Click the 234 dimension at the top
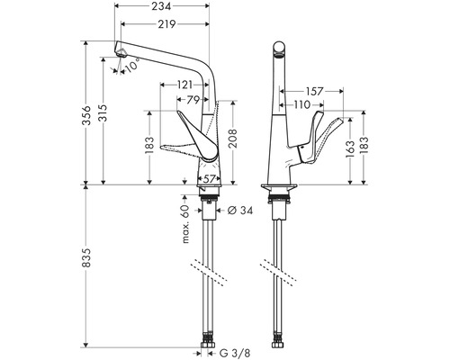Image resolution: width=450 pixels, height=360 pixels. coord(163,8)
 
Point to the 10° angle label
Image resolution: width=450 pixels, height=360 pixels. coord(133,67)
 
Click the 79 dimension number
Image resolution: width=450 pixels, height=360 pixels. coord(193,100)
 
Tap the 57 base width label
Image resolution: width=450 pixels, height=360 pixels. coord(208,179)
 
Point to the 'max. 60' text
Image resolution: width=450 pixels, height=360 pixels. coord(184,222)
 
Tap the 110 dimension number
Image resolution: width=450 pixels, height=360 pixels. coord(301,105)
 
